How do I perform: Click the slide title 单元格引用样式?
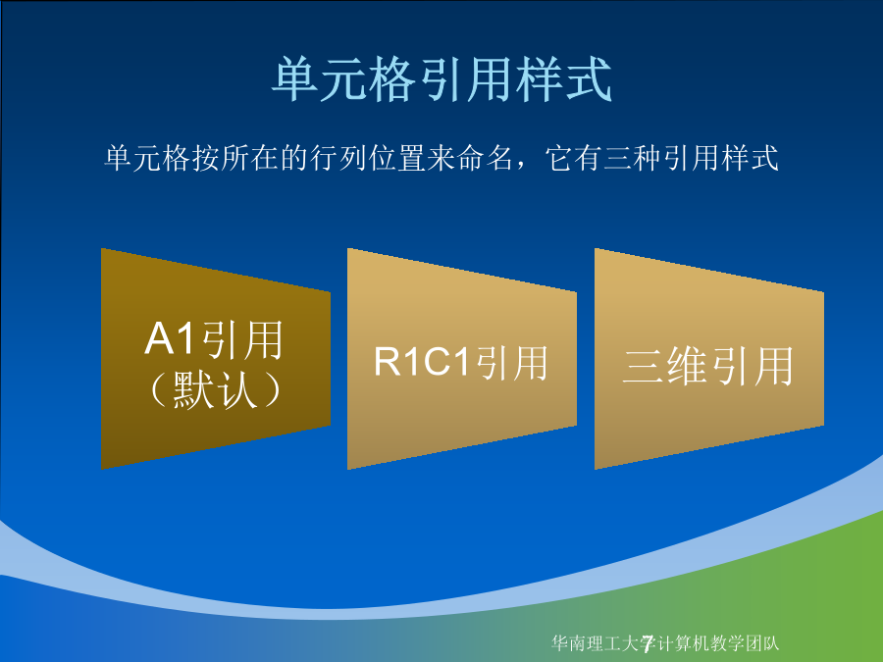coord(442,79)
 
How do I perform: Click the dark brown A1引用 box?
coord(216,359)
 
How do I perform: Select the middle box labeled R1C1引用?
coord(462,359)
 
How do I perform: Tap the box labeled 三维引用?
coord(709,359)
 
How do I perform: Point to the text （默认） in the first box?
coord(215,389)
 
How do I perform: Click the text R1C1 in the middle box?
coord(421,361)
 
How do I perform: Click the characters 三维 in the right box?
coord(665,366)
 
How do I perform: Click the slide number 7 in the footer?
coord(648,642)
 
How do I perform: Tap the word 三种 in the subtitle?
coord(633,158)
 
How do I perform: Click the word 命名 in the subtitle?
coord(485,158)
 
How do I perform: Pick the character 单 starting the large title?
coord(296,79)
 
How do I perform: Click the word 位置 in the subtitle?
coord(397,158)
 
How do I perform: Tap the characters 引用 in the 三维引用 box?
coord(752,366)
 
